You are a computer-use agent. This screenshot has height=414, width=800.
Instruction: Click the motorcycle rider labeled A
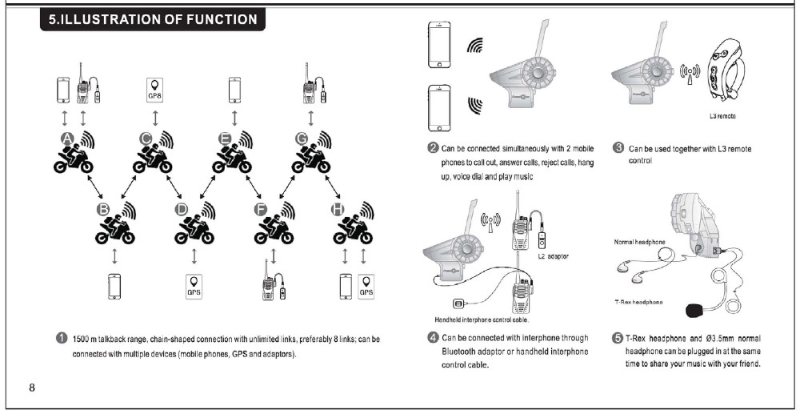(74, 155)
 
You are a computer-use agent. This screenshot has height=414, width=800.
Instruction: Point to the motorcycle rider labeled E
(232, 155)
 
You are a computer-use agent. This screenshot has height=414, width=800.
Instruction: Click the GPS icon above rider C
(154, 90)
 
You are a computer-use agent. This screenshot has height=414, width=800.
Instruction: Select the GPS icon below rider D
(194, 286)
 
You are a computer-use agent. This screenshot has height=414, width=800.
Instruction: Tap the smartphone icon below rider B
(115, 286)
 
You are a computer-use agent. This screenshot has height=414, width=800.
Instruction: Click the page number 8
(32, 388)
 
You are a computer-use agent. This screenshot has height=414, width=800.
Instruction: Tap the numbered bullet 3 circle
(618, 148)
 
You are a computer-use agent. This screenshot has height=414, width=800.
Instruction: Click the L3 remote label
(722, 117)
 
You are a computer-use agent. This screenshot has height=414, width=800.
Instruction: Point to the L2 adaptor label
(553, 256)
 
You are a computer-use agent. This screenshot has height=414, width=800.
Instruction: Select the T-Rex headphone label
(638, 301)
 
